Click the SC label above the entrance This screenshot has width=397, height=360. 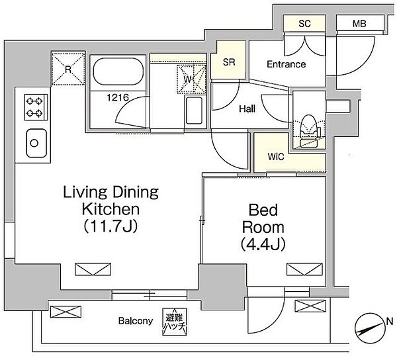pyautogui.click(x=304, y=24)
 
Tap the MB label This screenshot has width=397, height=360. pyautogui.click(x=359, y=24)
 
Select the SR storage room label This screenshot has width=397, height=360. pyautogui.click(x=229, y=62)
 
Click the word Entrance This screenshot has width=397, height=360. pyautogui.click(x=286, y=64)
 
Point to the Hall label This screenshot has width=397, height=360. pyautogui.click(x=247, y=109)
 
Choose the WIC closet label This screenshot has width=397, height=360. pyautogui.click(x=276, y=157)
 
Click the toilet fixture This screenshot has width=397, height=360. pyautogui.click(x=308, y=130)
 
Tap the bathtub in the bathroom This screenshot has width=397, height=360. pyautogui.click(x=118, y=72)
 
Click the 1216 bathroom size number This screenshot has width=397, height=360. pyautogui.click(x=118, y=97)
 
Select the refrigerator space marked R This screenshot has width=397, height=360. pyautogui.click(x=68, y=69)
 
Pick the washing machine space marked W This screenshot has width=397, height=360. pyautogui.click(x=192, y=79)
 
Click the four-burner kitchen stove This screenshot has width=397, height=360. pyautogui.click(x=36, y=107)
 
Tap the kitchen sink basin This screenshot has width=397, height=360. pyautogui.click(x=36, y=143)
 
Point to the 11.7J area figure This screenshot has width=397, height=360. pyautogui.click(x=110, y=226)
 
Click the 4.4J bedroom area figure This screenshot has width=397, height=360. pyautogui.click(x=263, y=244)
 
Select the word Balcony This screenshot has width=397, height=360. pyautogui.click(x=136, y=321)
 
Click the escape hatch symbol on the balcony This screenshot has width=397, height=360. pyautogui.click(x=175, y=322)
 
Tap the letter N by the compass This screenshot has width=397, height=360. pyautogui.click(x=390, y=322)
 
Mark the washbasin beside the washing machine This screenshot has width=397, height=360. pyautogui.click(x=194, y=111)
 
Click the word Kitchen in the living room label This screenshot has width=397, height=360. pyautogui.click(x=110, y=209)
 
